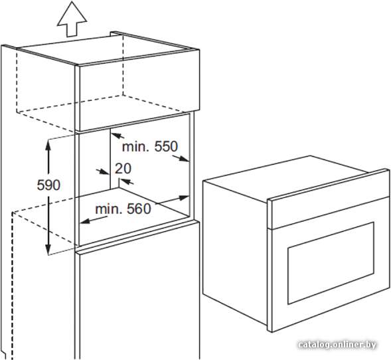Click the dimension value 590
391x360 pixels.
pos(48,185)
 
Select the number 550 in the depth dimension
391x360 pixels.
pos(166,146)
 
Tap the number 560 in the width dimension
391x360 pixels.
pos(139,209)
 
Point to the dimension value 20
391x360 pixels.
pos(123,169)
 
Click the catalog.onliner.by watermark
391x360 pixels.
pos(337,345)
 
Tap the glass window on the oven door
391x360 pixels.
pos(331,263)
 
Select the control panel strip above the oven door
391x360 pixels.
pos(329,199)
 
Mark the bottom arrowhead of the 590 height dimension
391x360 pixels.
pos(48,250)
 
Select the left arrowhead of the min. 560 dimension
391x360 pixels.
pos(85,221)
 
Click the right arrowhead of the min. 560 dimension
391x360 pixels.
pos(183,198)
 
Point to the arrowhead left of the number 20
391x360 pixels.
pos(105,172)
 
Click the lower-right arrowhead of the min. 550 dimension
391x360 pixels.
pos(184,159)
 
